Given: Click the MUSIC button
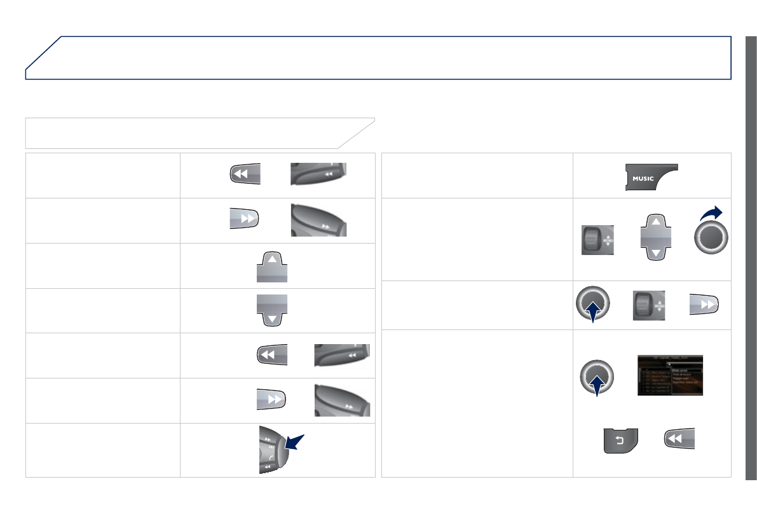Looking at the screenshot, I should [651, 177].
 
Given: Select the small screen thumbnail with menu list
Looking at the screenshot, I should [669, 375].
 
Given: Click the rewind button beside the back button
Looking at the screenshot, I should [679, 439].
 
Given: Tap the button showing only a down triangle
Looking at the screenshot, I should [272, 310].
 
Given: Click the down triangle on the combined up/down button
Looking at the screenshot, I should [655, 253].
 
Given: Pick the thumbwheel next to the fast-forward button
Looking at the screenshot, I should [648, 306].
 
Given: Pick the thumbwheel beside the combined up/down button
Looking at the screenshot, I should [597, 240].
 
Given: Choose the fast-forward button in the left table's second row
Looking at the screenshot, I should [245, 218].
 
